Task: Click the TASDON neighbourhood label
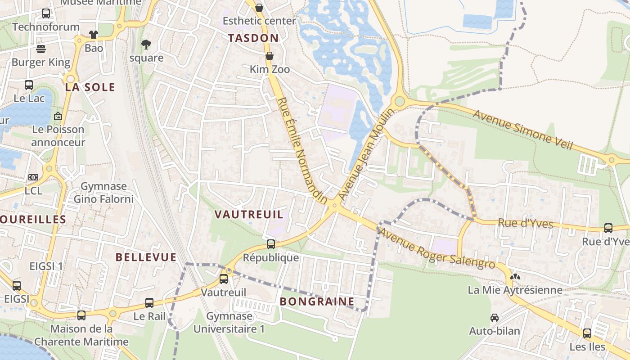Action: click(253, 38)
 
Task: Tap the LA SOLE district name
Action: click(90, 87)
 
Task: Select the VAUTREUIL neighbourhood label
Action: click(249, 214)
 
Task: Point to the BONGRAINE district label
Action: click(317, 301)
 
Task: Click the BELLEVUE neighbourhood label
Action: click(146, 257)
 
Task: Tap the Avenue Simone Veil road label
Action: click(522, 130)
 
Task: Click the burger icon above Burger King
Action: click(41, 49)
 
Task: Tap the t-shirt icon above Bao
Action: click(94, 34)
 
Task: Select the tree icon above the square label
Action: click(146, 44)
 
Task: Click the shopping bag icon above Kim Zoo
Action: click(270, 56)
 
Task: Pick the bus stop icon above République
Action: click(270, 244)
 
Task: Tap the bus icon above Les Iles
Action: click(587, 333)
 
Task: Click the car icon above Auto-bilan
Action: click(495, 318)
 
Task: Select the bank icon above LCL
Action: click(33, 177)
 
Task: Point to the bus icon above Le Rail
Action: click(149, 302)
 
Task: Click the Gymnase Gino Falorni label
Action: click(103, 193)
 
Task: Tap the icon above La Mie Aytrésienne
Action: click(515, 277)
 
